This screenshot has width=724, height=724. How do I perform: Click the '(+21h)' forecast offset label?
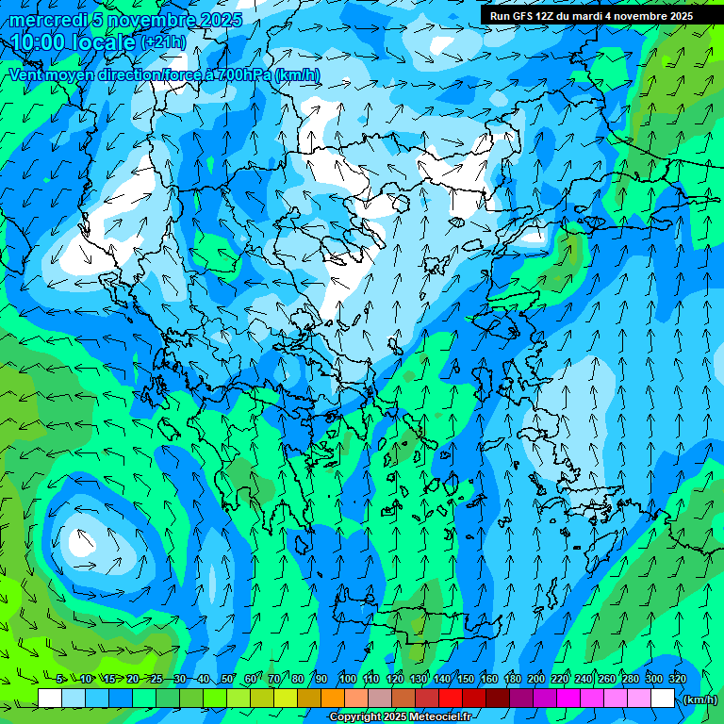pyautogui.click(x=162, y=43)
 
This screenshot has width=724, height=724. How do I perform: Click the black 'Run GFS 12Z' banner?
pyautogui.click(x=591, y=16)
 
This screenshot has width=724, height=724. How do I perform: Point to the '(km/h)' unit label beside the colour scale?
pyautogui.click(x=699, y=699)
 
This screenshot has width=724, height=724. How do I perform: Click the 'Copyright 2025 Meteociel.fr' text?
pyautogui.click(x=400, y=717)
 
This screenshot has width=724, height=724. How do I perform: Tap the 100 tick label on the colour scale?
pyautogui.click(x=348, y=680)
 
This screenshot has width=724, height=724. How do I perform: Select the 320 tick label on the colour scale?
pyautogui.click(x=678, y=680)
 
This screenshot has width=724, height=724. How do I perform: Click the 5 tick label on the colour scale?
pyautogui.click(x=59, y=680)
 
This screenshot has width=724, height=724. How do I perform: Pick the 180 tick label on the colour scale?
pyautogui.click(x=512, y=680)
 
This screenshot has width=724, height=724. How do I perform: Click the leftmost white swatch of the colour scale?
pyautogui.click(x=50, y=699)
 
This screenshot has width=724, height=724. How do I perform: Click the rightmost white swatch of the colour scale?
pyautogui.click(x=663, y=699)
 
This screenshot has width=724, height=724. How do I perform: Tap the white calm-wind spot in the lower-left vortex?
pyautogui.click(x=77, y=543)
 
